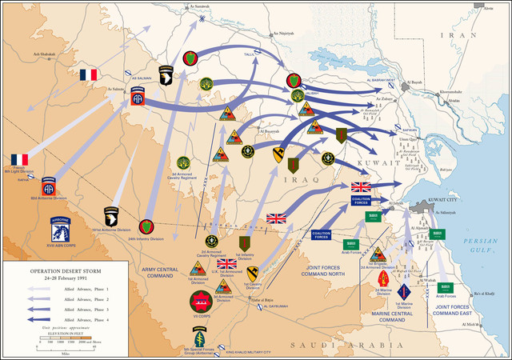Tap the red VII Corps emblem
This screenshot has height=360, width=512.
click(x=201, y=301)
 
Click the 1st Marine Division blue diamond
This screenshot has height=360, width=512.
click(x=403, y=291)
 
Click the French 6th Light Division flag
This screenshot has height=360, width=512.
click(x=18, y=159)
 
